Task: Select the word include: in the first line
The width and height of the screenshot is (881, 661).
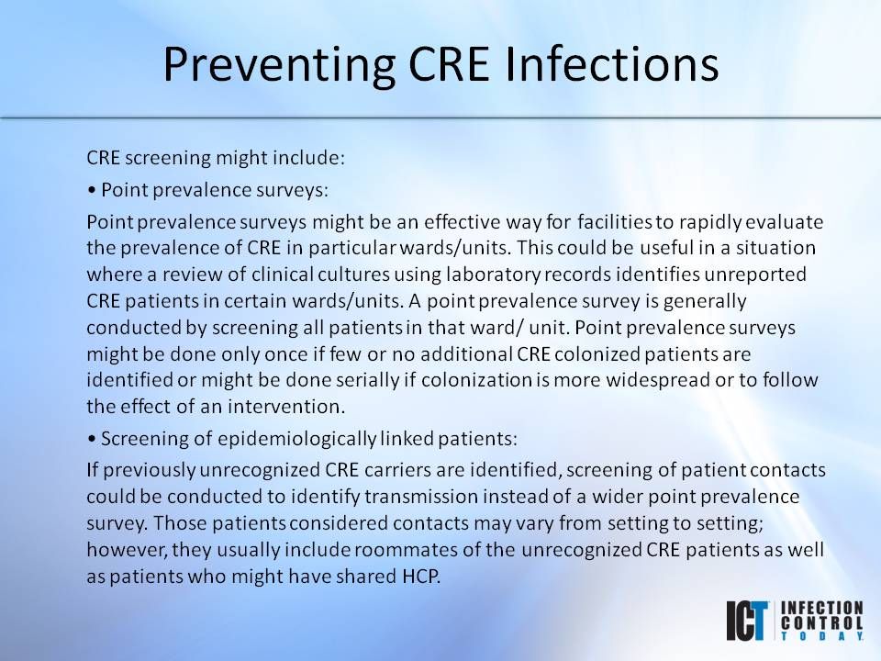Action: point(312,158)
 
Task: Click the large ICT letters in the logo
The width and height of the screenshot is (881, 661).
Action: point(748,621)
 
